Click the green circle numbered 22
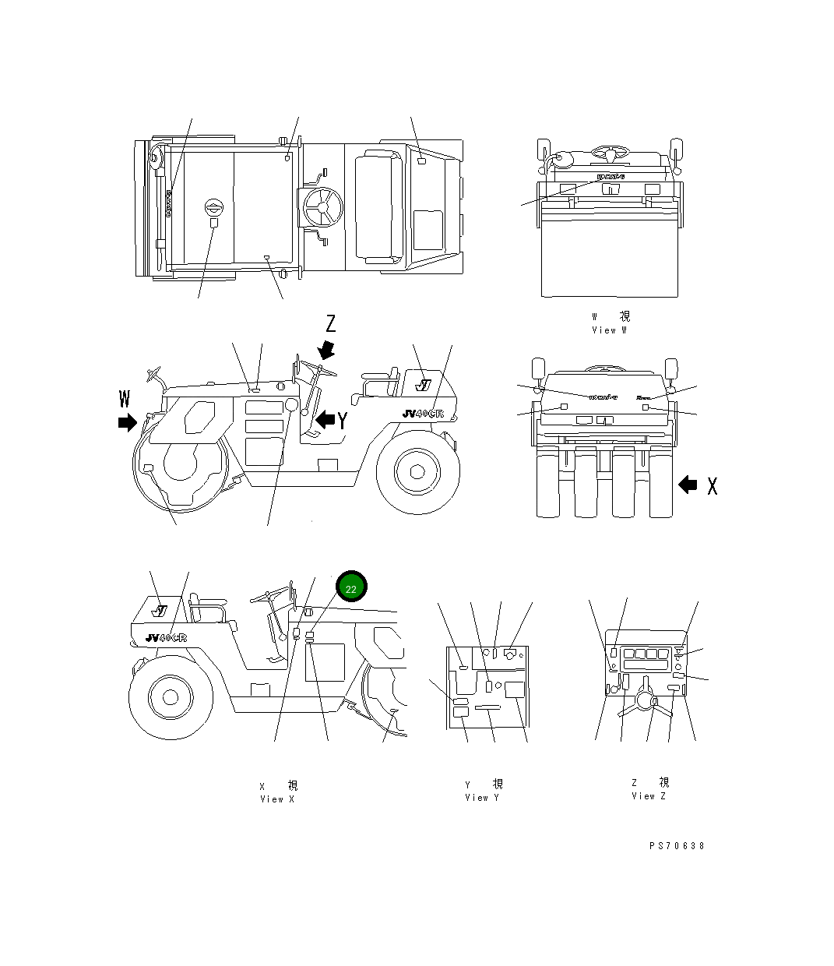[x=350, y=588]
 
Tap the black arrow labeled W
[x=126, y=422]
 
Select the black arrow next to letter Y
[x=325, y=420]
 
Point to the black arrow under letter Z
[x=326, y=349]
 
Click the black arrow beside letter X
[x=688, y=485]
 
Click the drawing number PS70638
[x=676, y=845]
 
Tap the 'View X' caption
[x=277, y=799]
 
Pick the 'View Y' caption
[x=482, y=797]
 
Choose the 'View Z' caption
[x=649, y=795]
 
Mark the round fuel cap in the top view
[x=213, y=207]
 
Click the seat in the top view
[x=378, y=206]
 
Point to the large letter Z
[x=330, y=324]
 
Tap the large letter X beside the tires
[x=712, y=485]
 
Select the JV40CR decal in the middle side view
[x=423, y=414]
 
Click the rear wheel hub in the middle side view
[x=417, y=471]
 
